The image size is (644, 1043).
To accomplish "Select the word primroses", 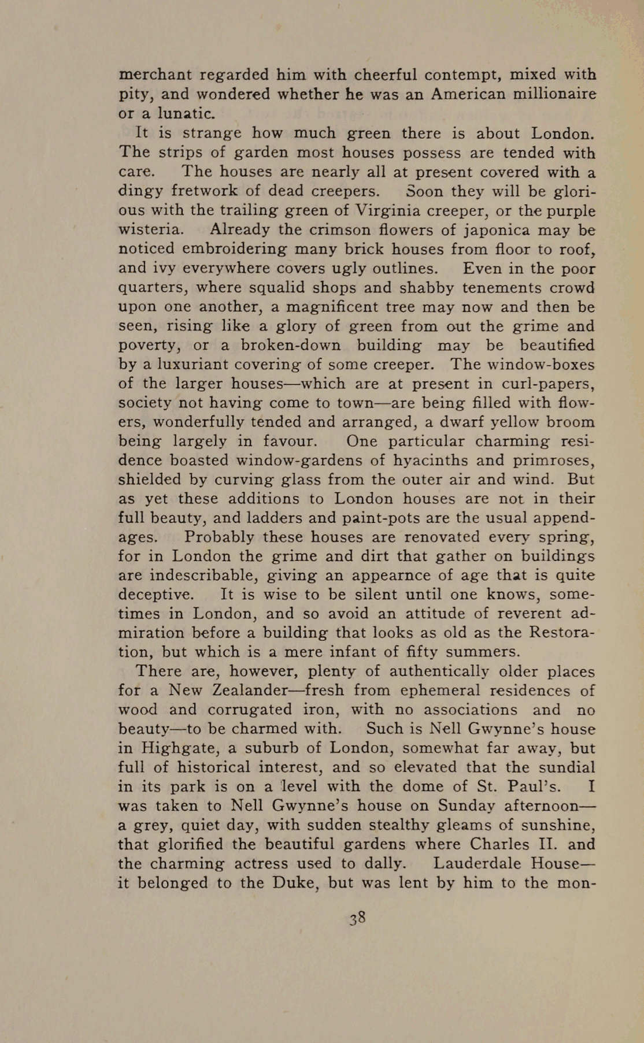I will [549, 461].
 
